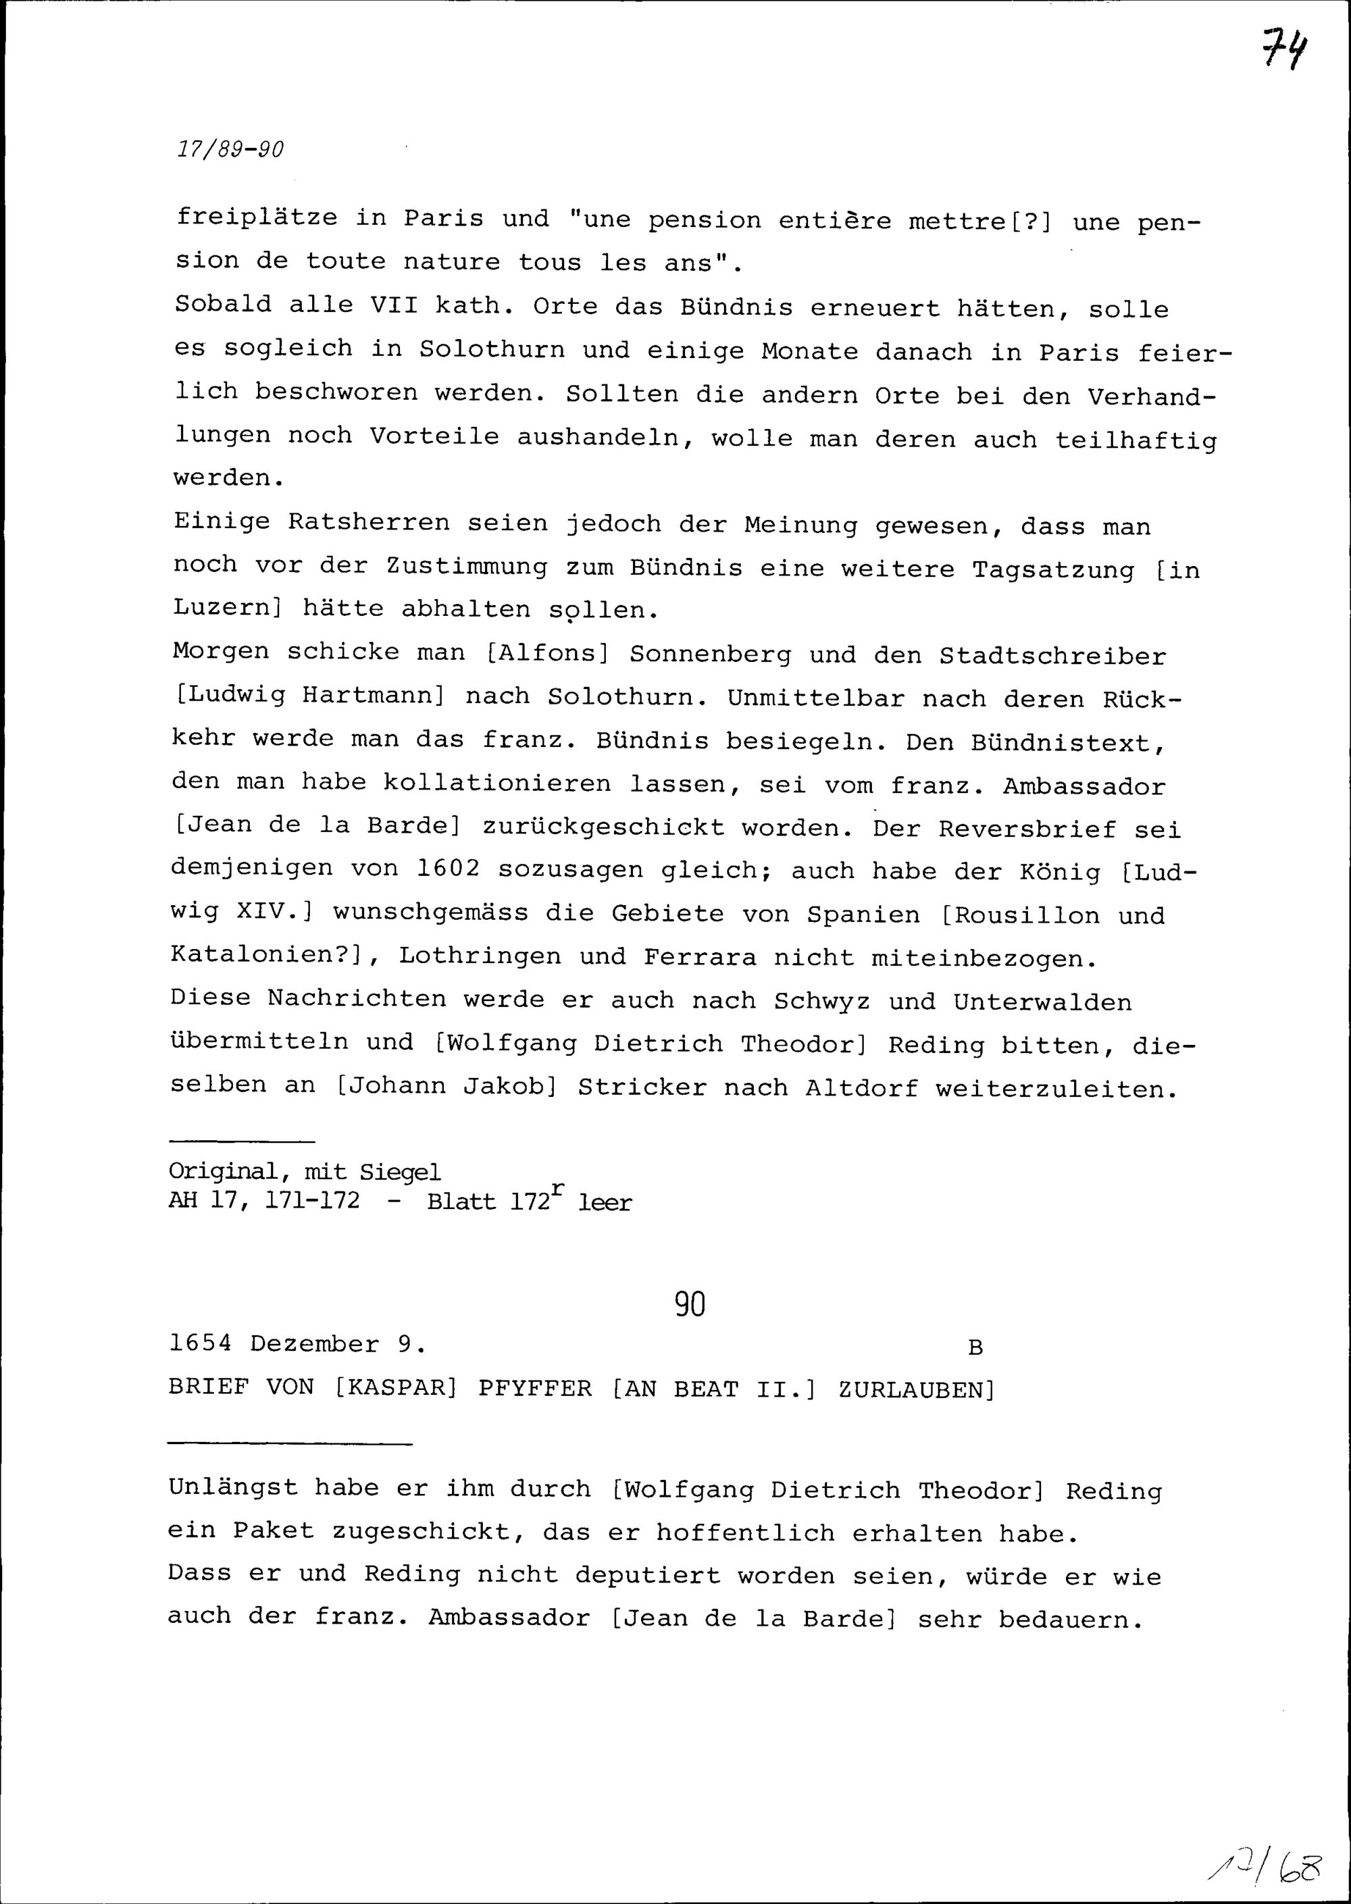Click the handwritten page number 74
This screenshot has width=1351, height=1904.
[x=1283, y=50]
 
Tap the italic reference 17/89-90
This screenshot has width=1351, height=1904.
[x=230, y=150]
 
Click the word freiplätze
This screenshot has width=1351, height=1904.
[x=257, y=218]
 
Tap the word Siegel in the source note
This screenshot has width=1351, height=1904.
[x=400, y=1172]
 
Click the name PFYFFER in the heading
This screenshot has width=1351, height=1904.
[x=535, y=1388]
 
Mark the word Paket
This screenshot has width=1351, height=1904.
[x=273, y=1530]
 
